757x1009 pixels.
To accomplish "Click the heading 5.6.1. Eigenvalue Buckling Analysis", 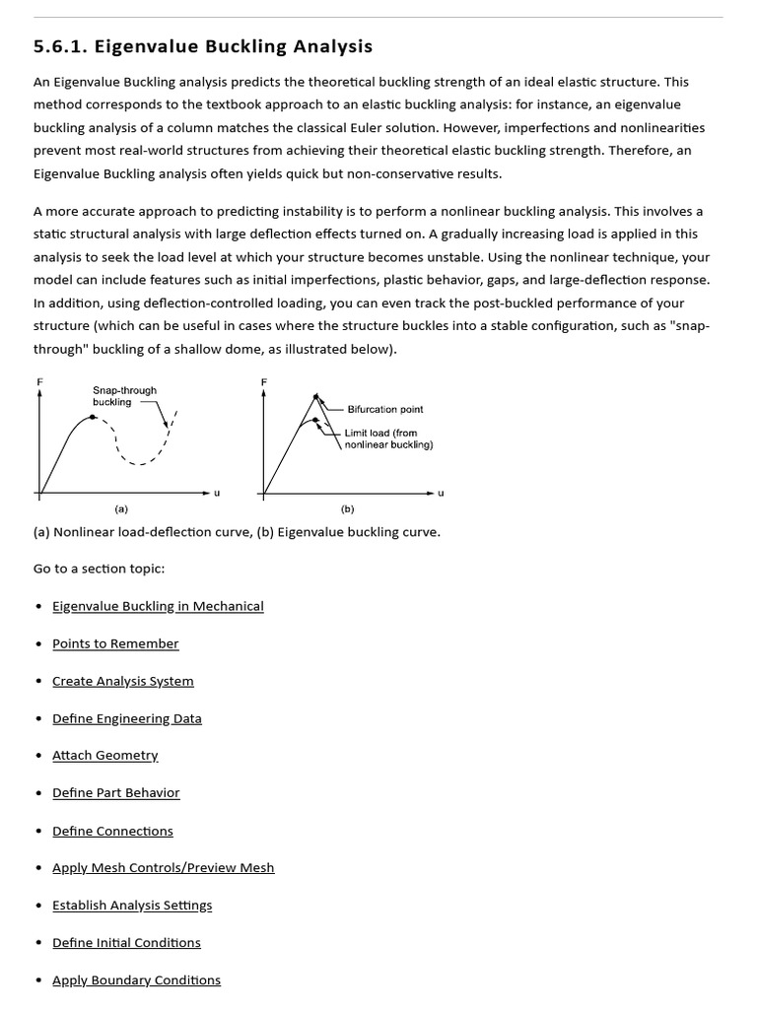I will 203,46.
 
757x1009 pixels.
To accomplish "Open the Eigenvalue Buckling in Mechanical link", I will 158,606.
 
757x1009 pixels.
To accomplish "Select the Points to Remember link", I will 115,643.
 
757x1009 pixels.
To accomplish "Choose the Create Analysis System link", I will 123,681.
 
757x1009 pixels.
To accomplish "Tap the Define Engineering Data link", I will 127,718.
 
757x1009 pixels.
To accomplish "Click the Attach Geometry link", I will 104,755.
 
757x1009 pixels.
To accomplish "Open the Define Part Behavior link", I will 116,792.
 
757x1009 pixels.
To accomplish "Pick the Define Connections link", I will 112,831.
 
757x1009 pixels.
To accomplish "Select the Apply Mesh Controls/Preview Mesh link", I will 164,868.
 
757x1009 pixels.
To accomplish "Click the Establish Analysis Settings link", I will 132,905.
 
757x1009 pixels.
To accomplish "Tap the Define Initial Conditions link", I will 126,942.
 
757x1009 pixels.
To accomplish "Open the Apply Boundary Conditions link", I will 136,979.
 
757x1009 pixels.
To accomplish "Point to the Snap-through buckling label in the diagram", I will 124,396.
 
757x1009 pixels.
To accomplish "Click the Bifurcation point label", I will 385,409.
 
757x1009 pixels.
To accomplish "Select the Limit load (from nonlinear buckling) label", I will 388,438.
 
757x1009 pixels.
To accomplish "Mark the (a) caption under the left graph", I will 121,509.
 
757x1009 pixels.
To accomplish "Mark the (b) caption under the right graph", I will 347,509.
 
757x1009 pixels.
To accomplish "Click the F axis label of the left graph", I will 39,381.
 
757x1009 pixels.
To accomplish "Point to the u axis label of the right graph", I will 441,493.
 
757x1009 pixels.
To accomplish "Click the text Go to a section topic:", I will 99,569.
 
